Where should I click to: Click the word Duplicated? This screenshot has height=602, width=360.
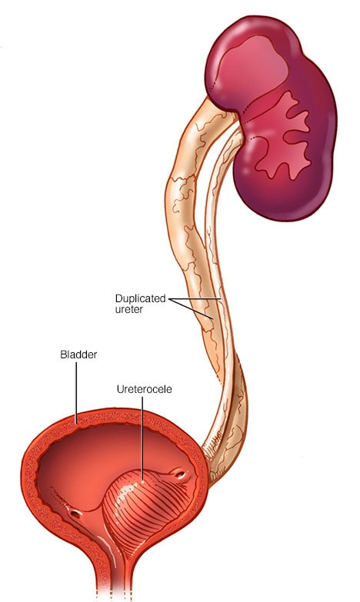tap(140, 299)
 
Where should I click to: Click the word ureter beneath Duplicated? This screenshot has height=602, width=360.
tap(128, 309)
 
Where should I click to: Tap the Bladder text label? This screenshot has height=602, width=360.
tap(78, 354)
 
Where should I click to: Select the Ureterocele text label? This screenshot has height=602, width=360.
tap(144, 389)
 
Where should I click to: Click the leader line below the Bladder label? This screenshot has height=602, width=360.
tap(76, 392)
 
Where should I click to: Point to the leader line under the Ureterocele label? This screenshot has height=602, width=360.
tap(142, 438)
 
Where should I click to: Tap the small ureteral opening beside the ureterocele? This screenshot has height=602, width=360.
tap(180, 475)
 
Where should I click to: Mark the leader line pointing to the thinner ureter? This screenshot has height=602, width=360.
tap(195, 299)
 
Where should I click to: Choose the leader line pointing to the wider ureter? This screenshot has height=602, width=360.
tap(191, 308)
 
